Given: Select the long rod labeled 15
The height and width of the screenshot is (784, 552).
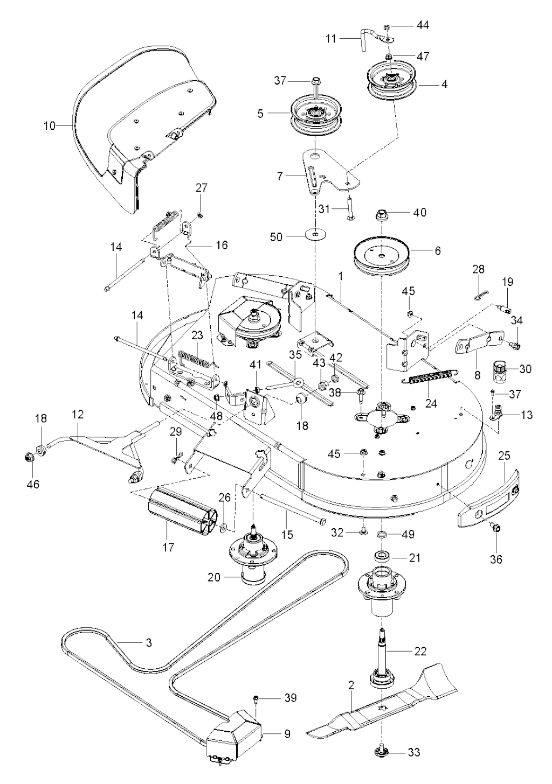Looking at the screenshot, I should (291, 509).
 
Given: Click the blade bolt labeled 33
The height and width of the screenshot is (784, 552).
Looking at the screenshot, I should (382, 752).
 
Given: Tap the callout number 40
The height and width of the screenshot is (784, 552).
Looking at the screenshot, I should (420, 213).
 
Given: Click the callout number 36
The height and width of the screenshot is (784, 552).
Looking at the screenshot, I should (495, 559).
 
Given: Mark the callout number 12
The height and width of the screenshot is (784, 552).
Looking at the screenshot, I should (78, 415).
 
